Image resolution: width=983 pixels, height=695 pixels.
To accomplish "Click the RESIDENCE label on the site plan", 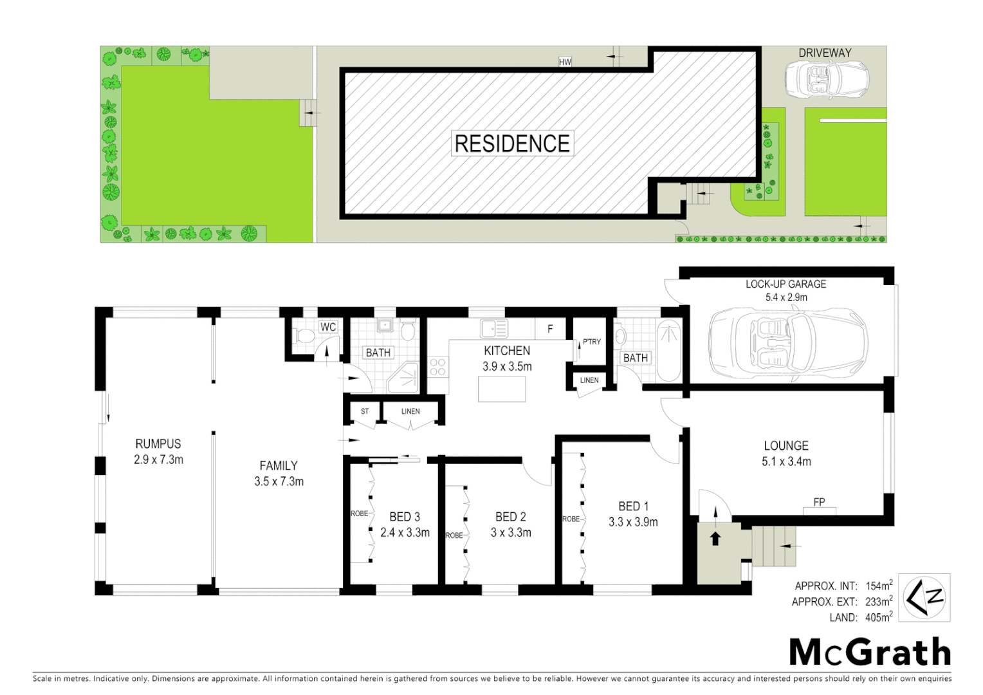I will coord(512,144).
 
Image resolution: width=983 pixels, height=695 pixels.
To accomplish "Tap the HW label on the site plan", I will coord(565,62).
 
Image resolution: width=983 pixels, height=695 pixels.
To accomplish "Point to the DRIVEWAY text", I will coord(825,53).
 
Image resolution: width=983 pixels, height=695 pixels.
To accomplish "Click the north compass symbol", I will coord(924,598).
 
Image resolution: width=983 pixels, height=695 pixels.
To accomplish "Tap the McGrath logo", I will coord(870,653).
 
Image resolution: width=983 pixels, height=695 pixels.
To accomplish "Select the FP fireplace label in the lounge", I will coord(819,502).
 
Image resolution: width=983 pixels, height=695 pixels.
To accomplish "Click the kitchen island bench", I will coord(502,389).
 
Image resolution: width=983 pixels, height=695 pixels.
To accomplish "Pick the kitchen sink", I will coord(494,329).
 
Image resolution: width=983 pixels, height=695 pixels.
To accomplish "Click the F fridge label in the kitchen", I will coord(550,329).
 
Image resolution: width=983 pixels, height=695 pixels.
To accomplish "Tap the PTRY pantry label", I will coord(592,342).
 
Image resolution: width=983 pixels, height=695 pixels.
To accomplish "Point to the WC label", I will coord(328,327).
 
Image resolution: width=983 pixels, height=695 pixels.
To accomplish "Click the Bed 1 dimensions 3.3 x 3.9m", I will coord(633,522).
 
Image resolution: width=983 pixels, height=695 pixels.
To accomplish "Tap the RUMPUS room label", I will coord(158,444).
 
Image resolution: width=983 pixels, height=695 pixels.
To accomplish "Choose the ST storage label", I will coord(365,411).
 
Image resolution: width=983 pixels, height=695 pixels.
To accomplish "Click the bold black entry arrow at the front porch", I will coord(715,538).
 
